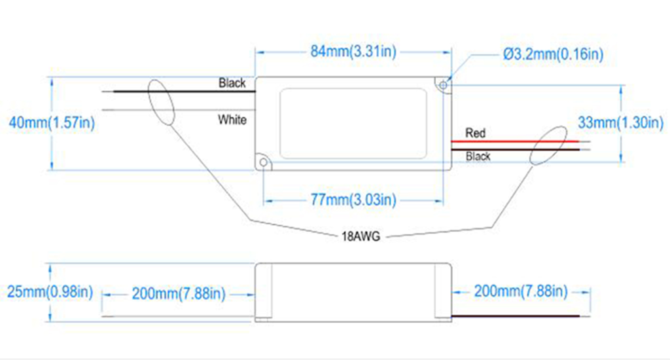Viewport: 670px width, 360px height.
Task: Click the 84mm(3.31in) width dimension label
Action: (x=353, y=52)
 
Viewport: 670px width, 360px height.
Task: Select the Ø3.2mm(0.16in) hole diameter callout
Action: (x=553, y=54)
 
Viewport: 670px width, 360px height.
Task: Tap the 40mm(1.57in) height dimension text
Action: (x=52, y=123)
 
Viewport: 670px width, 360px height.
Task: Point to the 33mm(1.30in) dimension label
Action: (x=620, y=123)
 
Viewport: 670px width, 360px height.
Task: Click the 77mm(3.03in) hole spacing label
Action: (x=353, y=200)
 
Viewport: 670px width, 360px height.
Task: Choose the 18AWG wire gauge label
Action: (x=361, y=236)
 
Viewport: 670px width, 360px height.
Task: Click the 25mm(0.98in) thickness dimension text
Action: (x=50, y=292)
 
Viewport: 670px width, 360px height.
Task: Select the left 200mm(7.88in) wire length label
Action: (x=178, y=294)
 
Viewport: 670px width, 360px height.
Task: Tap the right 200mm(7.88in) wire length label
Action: (x=521, y=291)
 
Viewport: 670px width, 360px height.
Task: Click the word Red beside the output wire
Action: (x=475, y=133)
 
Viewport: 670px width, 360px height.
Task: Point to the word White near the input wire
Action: (x=232, y=120)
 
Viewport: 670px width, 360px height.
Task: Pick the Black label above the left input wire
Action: (x=232, y=82)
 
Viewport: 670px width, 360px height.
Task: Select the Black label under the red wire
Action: (x=478, y=156)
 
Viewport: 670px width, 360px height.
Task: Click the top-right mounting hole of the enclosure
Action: (x=444, y=86)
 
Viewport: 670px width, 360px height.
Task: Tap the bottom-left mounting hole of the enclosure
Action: (x=263, y=162)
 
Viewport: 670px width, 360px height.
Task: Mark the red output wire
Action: (x=515, y=141)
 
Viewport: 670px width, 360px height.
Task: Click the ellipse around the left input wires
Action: (x=148, y=92)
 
